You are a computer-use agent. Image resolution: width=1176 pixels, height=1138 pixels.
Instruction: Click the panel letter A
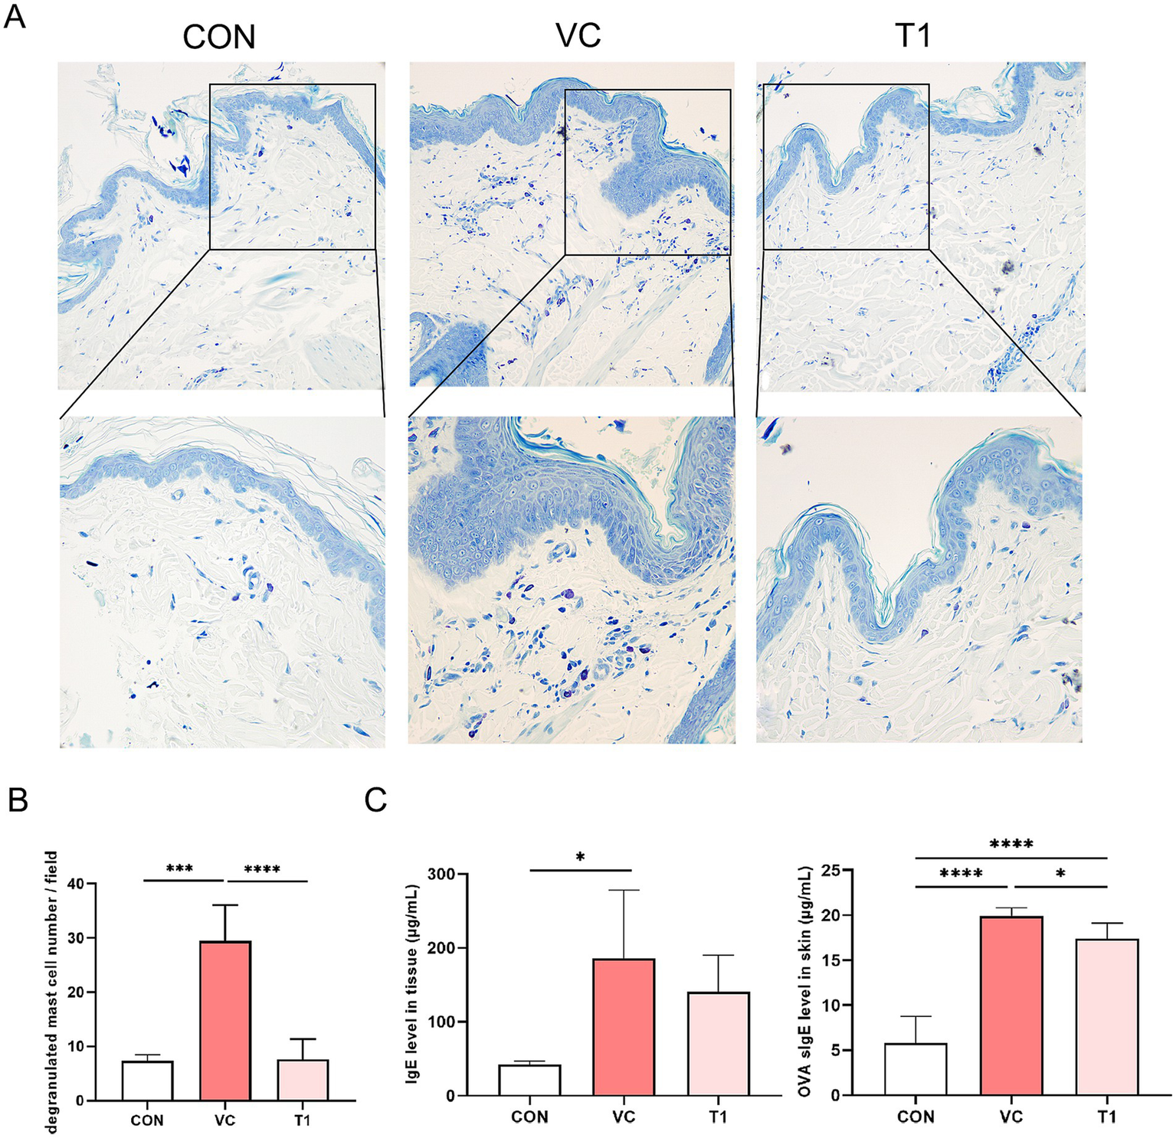coord(15,16)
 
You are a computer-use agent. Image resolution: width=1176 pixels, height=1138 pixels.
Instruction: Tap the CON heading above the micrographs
coord(218,37)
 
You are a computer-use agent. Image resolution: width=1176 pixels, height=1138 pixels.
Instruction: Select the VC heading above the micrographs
coord(578,35)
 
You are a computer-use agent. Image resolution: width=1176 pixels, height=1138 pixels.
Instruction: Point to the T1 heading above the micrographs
coord(912,35)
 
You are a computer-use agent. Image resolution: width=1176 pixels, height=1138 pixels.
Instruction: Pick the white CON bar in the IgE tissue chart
coord(529,1080)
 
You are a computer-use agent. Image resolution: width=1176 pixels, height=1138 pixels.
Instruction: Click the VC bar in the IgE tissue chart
coord(624,1026)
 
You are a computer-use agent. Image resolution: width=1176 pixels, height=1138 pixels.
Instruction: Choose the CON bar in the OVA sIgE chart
coord(916,1068)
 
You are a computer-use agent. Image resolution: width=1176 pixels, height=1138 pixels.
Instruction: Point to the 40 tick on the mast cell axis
coord(75,884)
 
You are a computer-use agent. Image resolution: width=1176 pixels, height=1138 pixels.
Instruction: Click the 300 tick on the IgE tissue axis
coord(441,875)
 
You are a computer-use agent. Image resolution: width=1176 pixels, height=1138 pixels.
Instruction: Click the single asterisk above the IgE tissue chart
coord(580,857)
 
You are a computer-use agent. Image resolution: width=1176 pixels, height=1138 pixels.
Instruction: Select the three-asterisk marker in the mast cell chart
coord(179,869)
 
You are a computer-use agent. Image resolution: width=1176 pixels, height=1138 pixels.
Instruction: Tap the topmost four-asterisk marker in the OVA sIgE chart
coord(1011,845)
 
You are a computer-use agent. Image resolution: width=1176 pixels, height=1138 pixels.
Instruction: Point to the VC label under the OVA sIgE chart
coord(1011,1117)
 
